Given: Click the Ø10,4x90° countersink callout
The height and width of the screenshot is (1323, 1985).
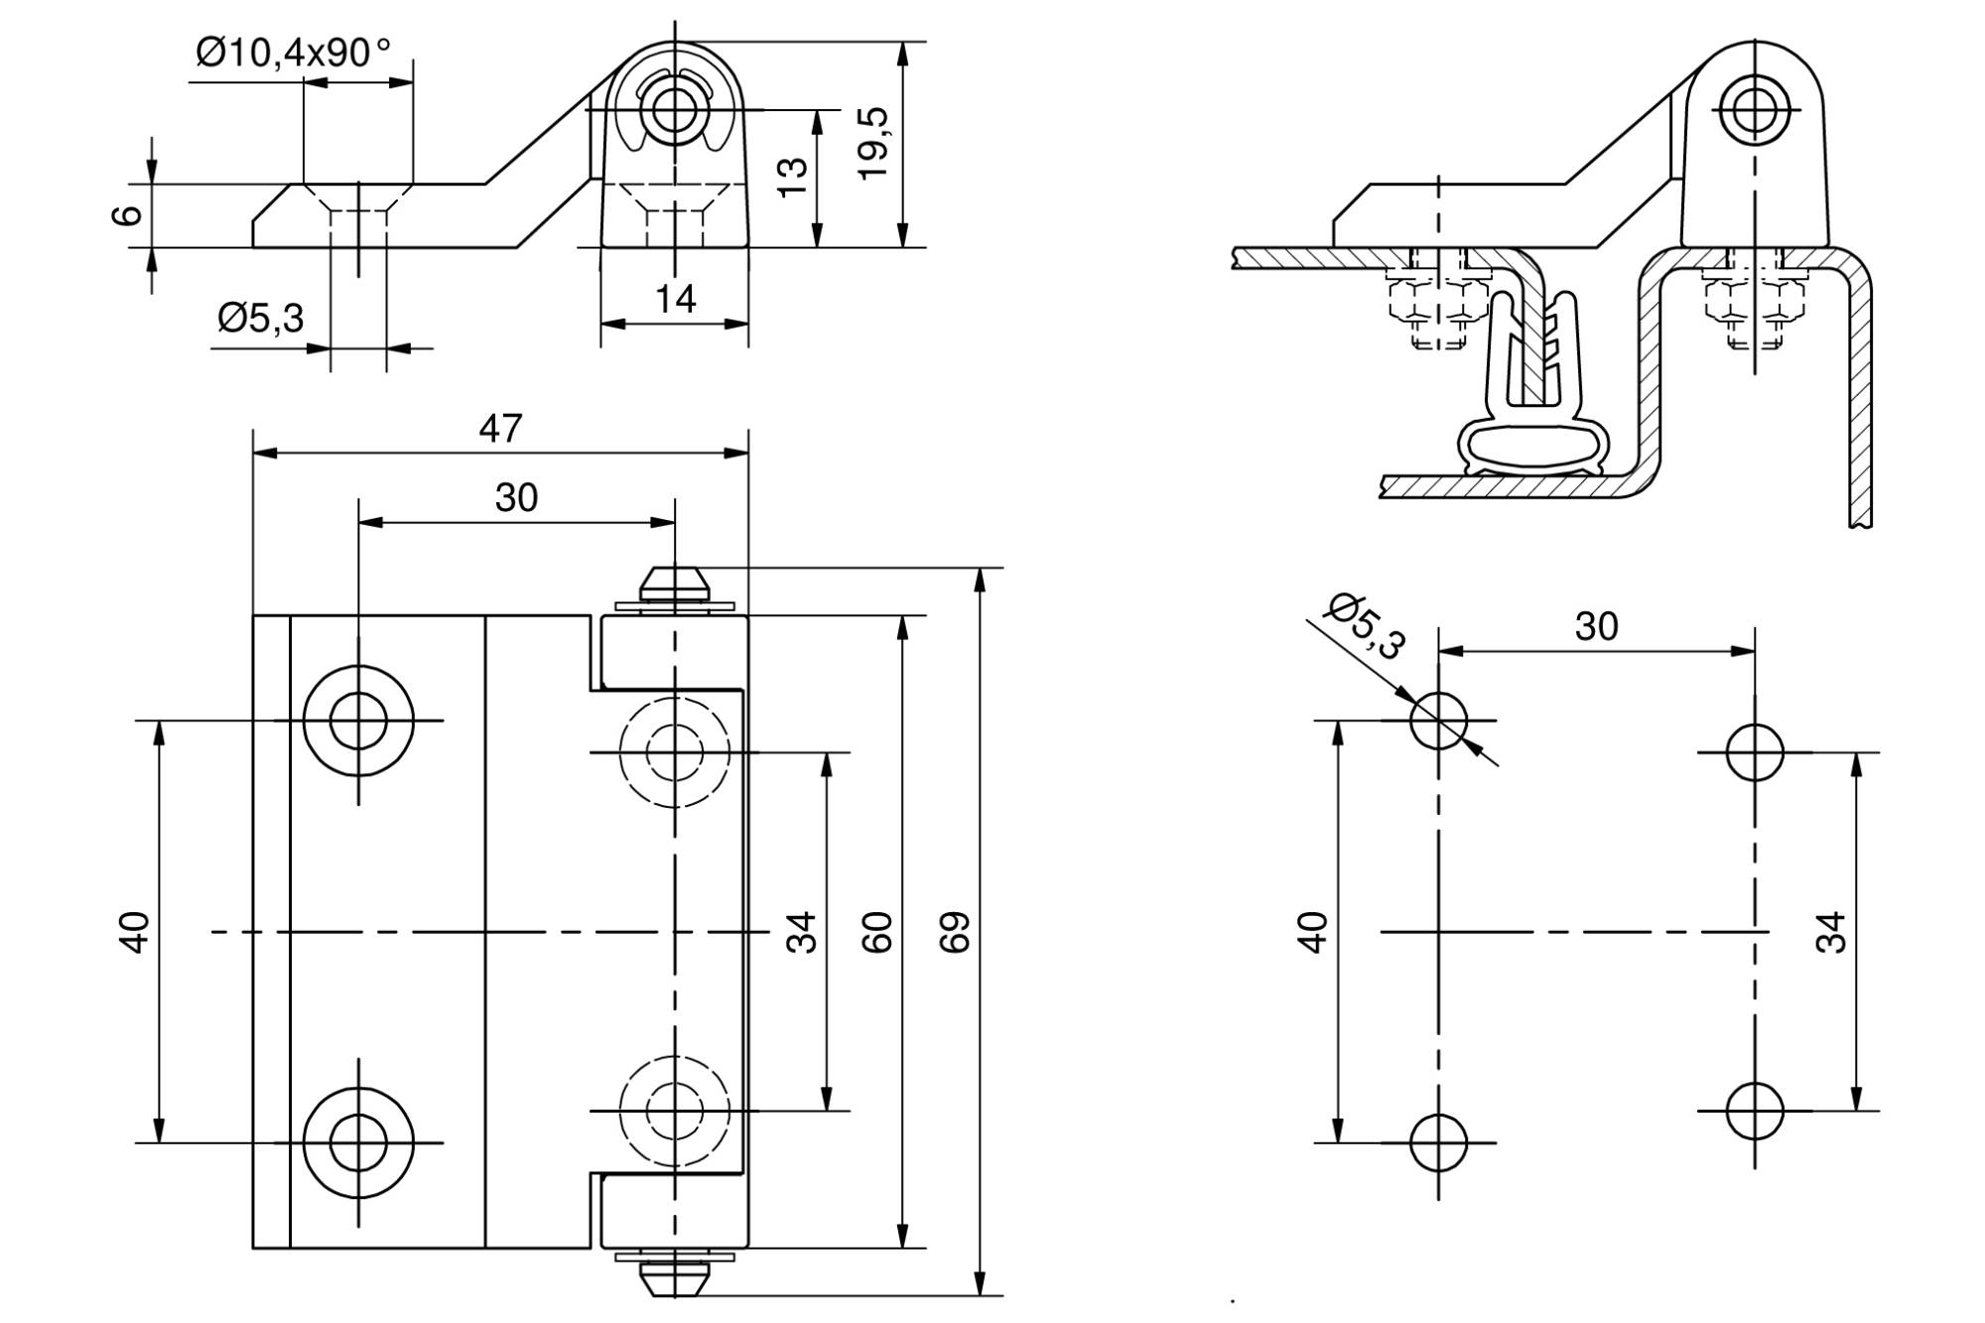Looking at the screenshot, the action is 294,52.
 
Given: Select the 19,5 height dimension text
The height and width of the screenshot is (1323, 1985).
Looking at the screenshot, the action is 874,144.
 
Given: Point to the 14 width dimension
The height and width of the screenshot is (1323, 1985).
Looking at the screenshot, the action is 675,298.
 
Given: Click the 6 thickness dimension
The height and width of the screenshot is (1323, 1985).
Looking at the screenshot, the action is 128,215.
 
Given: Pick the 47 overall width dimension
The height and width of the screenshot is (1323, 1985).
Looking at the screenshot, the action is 500,428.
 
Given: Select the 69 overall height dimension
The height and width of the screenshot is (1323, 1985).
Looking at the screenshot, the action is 955,932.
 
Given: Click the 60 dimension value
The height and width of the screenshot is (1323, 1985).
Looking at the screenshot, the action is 876,932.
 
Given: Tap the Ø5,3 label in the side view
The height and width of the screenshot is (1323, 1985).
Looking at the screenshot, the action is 260,319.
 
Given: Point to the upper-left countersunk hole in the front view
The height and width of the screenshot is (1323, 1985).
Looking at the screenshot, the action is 358,721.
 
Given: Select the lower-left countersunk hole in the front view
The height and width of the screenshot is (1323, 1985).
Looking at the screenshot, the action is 358,1143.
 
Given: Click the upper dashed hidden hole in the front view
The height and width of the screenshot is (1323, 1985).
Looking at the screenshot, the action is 675,752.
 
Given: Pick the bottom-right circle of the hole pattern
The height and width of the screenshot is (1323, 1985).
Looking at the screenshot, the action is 1755,1111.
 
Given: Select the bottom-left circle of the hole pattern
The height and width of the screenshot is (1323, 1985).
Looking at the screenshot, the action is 1438,1143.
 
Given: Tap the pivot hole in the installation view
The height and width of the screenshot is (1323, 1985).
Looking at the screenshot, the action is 1755,109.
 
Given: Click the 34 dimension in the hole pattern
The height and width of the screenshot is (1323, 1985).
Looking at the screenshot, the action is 1831,932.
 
